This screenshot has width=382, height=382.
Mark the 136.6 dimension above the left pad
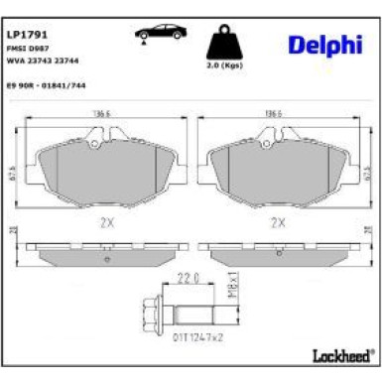[x=100, y=114]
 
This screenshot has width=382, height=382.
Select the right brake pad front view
[x=279, y=165]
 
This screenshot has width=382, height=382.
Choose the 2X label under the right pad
[x=279, y=223]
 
